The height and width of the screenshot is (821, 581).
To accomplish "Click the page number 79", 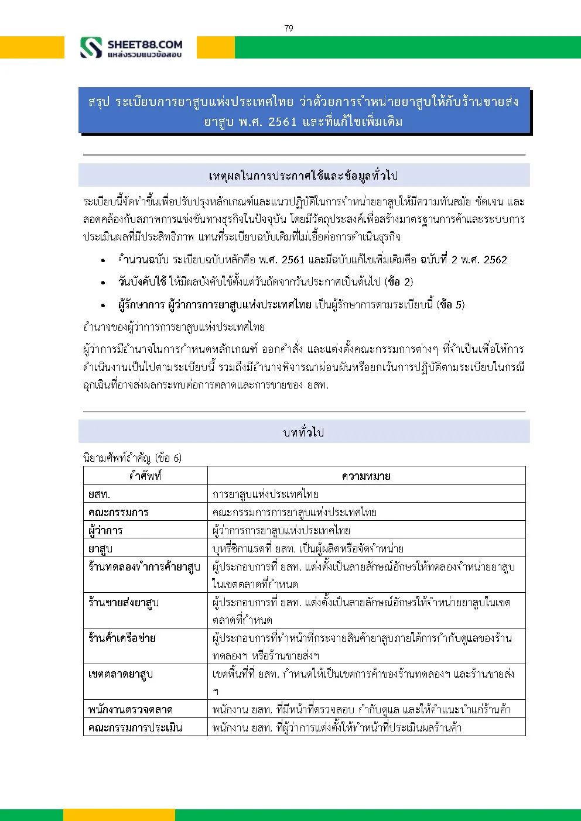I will point(289,28).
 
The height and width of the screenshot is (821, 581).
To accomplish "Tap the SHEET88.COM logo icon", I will point(91,48).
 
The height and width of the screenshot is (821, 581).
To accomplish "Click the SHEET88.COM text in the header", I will point(145,44).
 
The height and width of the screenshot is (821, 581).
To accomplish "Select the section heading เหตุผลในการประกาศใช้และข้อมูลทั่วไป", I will point(303,176).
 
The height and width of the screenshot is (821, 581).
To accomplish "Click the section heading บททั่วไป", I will point(303,432).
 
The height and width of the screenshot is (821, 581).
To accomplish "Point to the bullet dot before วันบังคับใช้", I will point(103,283).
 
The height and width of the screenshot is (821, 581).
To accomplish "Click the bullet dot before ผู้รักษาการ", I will point(103,305).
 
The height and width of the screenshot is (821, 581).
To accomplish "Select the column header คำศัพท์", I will point(145,476).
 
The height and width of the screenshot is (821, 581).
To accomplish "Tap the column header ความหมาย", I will point(366,476).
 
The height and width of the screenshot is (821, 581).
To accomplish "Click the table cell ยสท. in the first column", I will point(99,494).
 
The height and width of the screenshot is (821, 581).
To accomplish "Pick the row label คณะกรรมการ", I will point(118,513).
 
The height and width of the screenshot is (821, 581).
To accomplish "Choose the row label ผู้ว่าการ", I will point(105,531).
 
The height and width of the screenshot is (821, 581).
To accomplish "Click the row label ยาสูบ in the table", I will point(100,549).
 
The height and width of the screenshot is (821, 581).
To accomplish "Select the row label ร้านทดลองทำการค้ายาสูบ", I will point(144,566).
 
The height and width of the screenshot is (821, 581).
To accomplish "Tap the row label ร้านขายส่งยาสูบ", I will point(124,602).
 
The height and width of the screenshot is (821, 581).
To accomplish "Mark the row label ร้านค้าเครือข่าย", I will point(122,638).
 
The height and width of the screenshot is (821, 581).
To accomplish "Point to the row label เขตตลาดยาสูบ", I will point(121,674).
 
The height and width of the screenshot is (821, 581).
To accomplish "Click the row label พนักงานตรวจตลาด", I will point(130,710).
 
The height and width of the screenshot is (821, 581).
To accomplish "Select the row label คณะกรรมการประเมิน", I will point(135,728).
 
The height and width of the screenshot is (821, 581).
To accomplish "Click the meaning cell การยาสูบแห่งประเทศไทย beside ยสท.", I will point(265,494).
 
